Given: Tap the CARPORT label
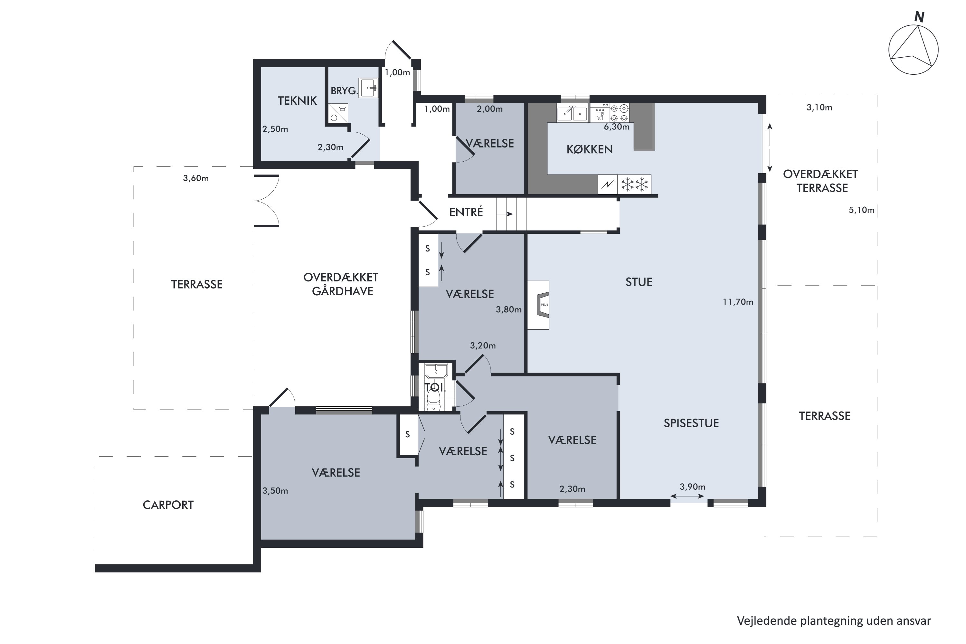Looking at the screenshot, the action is (168, 505).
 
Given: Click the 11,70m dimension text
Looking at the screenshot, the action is (738, 302).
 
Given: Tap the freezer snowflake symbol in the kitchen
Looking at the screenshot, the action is (635, 185).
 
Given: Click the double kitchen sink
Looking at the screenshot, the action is (573, 113).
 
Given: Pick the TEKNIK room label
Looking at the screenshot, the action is (297, 100).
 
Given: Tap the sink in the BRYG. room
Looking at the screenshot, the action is (368, 88).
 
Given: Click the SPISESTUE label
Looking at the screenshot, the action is (691, 423).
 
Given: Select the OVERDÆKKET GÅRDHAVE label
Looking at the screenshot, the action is (341, 284).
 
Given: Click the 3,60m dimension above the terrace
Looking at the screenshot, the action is (196, 178).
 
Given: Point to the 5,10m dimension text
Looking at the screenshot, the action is (862, 210).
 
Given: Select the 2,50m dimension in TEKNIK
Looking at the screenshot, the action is (275, 129).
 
